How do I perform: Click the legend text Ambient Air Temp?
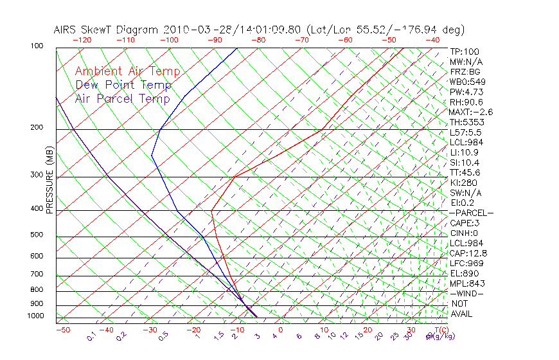coord(127,72)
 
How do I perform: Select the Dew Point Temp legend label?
coord(123,85)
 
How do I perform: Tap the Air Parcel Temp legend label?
coord(122,99)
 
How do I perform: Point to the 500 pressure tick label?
coord(36,235)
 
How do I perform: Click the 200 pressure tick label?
coord(36,128)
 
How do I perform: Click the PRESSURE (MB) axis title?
coord(49,181)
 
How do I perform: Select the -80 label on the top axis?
coord(258,40)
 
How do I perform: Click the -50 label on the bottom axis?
coord(63,330)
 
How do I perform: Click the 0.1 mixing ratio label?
coord(92,336)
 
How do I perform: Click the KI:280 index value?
coord(463,183)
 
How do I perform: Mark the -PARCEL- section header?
coord(471,213)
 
